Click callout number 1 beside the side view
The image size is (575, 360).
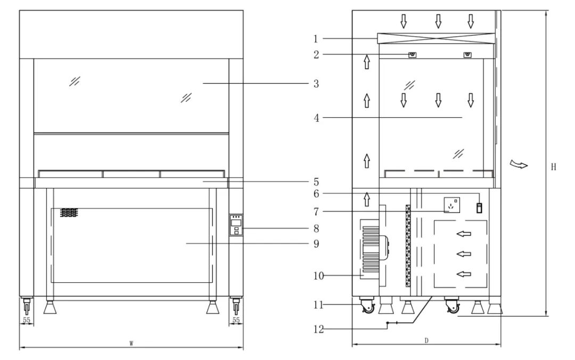[316, 38]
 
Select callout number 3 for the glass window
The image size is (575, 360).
[316, 84]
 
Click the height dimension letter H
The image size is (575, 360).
[554, 167]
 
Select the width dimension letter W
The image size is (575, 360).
[131, 343]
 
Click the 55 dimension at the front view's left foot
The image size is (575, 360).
[26, 321]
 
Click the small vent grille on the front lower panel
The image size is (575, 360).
[69, 212]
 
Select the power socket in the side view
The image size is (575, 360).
[452, 204]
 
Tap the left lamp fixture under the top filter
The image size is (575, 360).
[412, 55]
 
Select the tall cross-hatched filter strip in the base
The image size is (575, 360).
[408, 245]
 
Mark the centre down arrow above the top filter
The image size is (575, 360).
[438, 21]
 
